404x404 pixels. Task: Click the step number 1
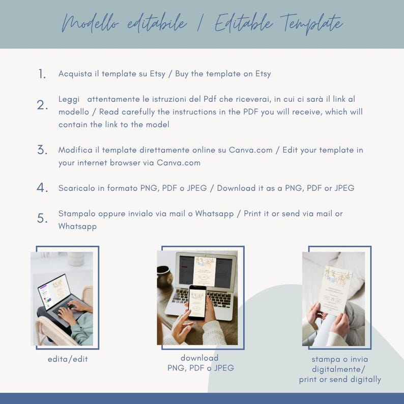point(42,74)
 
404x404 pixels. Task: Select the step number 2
point(42,105)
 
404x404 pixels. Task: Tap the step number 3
point(42,150)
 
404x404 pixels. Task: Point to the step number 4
point(42,188)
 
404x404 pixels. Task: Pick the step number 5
point(42,218)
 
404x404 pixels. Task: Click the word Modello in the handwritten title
point(90,23)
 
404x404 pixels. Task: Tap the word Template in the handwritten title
point(311,24)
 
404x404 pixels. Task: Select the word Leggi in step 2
point(69,99)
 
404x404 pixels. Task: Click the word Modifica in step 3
point(75,150)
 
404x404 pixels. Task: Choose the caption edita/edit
point(68,359)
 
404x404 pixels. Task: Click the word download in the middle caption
point(199,358)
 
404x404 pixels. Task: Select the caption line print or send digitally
point(340,379)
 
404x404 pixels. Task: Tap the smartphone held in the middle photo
point(197,302)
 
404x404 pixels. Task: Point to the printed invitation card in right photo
point(335,291)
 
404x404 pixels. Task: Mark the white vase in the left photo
point(76,258)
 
